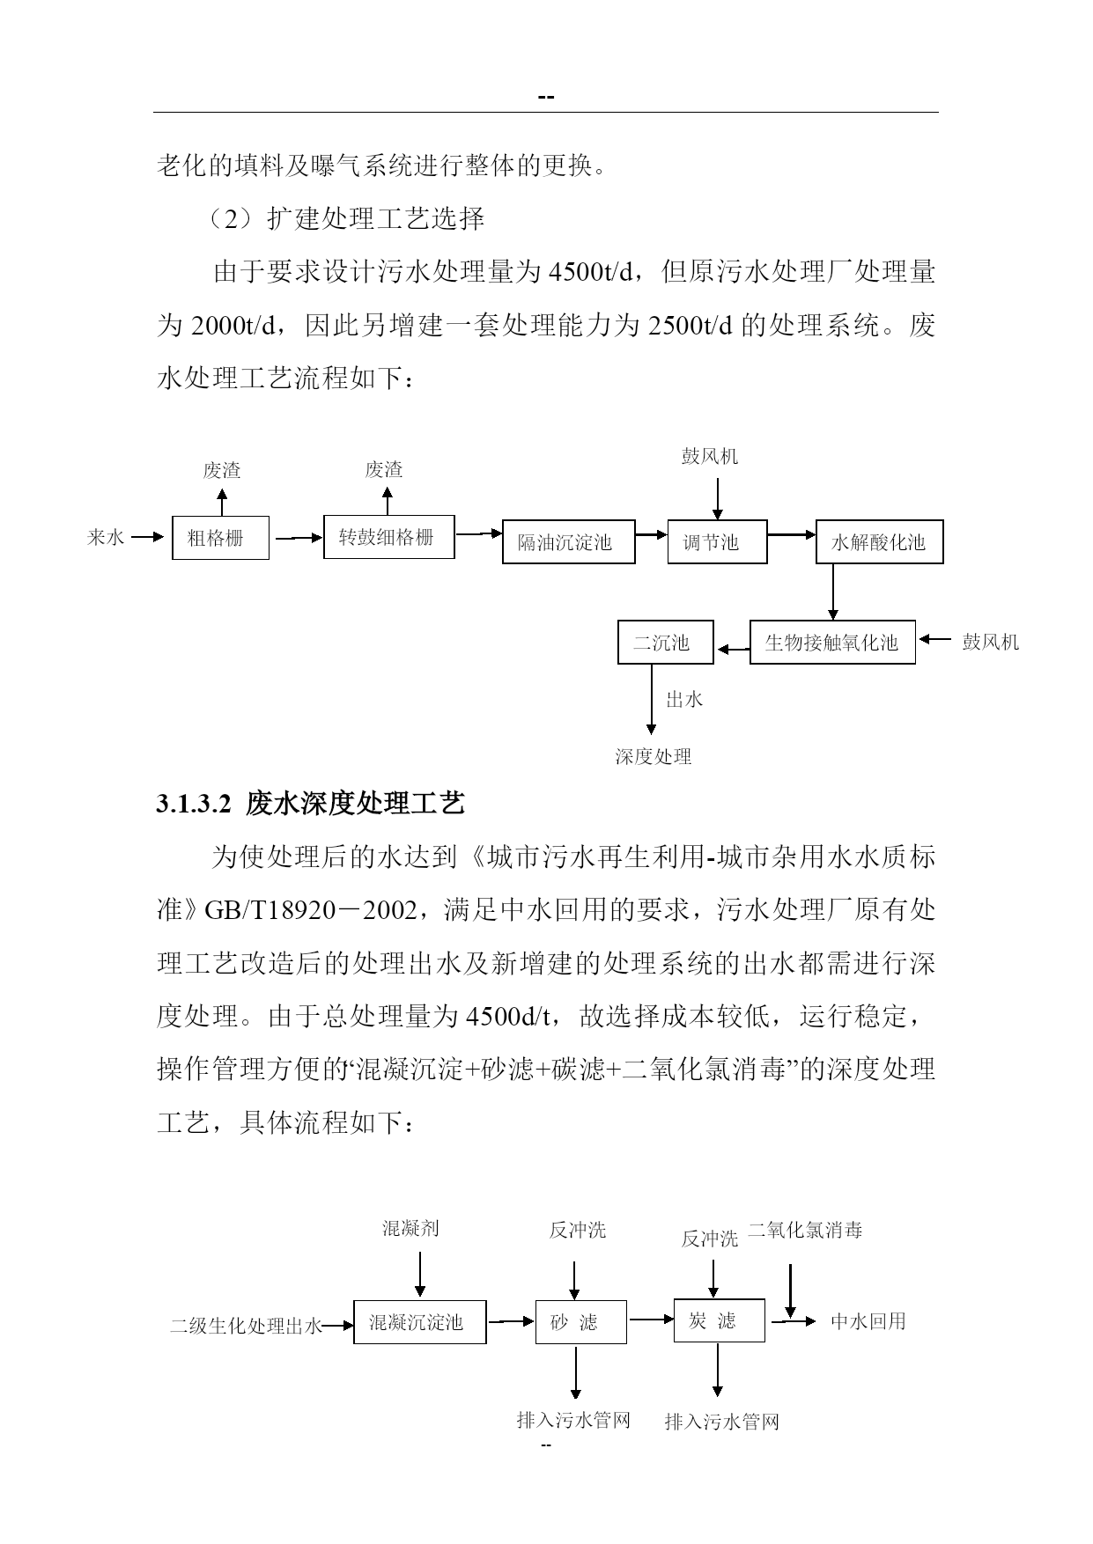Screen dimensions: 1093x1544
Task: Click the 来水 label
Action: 106,537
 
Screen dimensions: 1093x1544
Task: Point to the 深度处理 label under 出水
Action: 653,756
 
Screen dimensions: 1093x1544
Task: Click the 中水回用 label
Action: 868,1321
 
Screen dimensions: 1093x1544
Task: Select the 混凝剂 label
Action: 410,1228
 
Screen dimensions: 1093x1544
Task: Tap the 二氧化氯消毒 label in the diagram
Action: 805,1230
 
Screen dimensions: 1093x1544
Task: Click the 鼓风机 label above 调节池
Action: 710,456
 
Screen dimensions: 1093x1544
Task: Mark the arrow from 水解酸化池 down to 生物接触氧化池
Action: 833,592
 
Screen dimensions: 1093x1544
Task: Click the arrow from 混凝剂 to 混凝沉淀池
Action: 420,1274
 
